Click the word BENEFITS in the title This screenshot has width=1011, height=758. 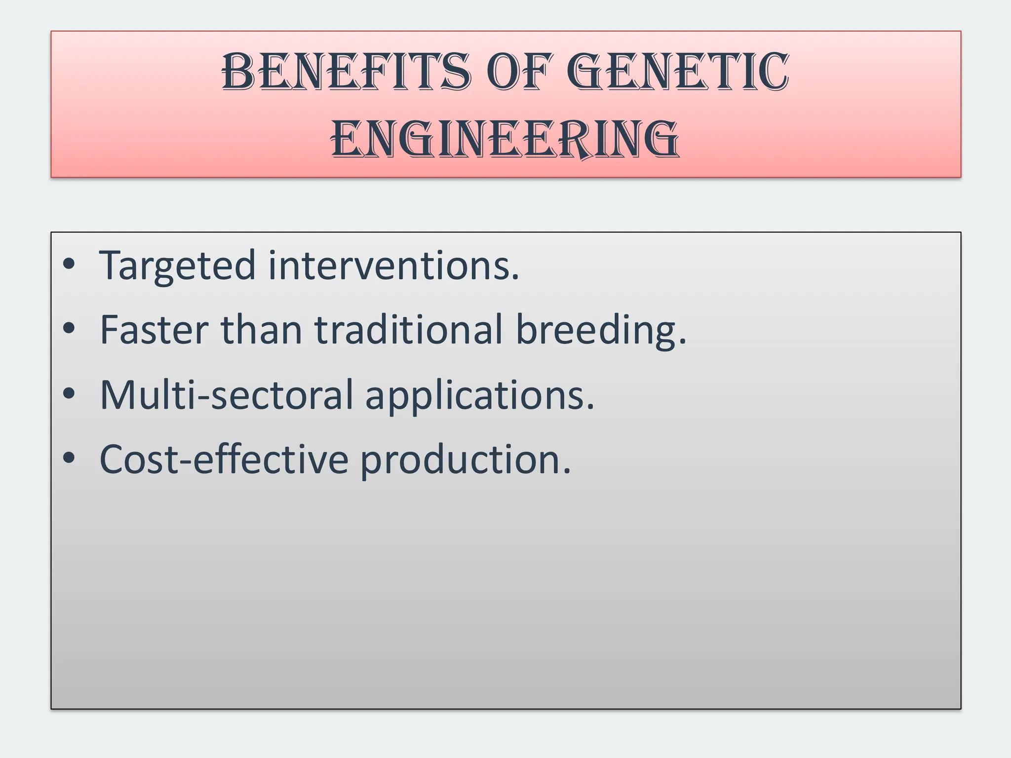(347, 73)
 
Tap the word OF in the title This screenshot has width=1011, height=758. (518, 73)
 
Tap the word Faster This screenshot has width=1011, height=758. (154, 330)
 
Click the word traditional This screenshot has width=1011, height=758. (409, 330)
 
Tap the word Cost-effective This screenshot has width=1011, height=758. (224, 459)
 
